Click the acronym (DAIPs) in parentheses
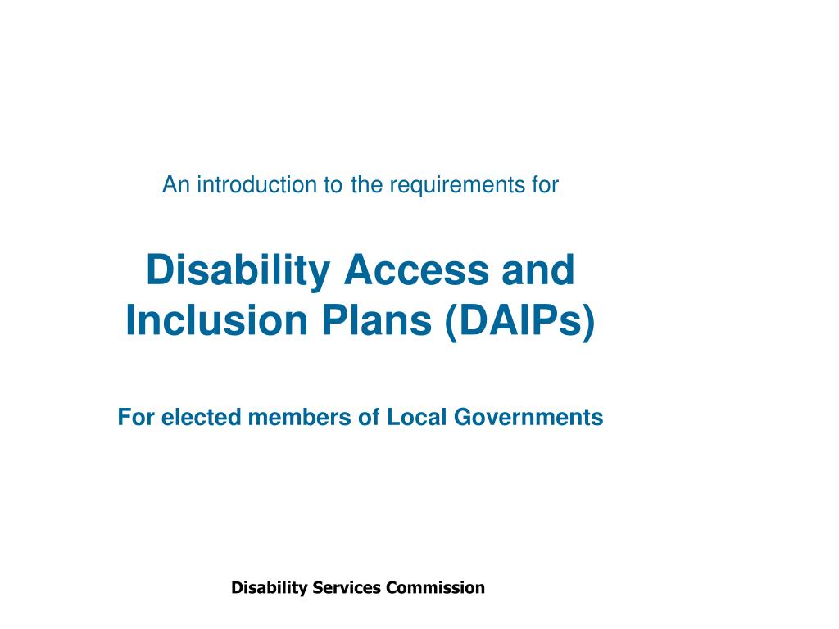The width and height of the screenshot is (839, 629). (x=519, y=323)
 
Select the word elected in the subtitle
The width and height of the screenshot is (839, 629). (x=202, y=418)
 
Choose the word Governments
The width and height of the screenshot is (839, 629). (x=528, y=418)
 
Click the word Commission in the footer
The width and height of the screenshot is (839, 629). (x=436, y=587)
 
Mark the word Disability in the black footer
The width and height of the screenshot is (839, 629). (x=269, y=588)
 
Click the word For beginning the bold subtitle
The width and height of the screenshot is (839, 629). (x=136, y=418)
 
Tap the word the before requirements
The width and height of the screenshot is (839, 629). (x=366, y=185)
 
